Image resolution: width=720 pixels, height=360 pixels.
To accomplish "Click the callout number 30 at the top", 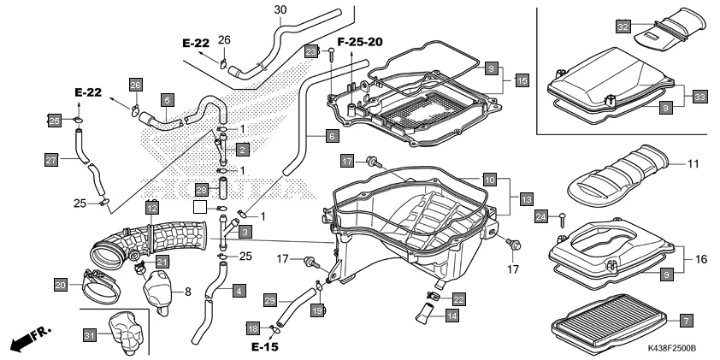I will (x=280, y=10).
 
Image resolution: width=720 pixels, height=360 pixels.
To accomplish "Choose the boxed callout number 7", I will (x=685, y=320).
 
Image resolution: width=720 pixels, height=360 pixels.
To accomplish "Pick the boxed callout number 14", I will (x=451, y=315).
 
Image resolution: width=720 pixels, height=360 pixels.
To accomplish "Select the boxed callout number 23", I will (x=310, y=51).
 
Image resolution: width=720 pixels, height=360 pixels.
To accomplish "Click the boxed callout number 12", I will (x=151, y=207).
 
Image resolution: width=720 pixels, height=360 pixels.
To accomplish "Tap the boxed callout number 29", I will (x=270, y=300).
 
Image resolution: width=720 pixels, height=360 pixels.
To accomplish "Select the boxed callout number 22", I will (x=458, y=298).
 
